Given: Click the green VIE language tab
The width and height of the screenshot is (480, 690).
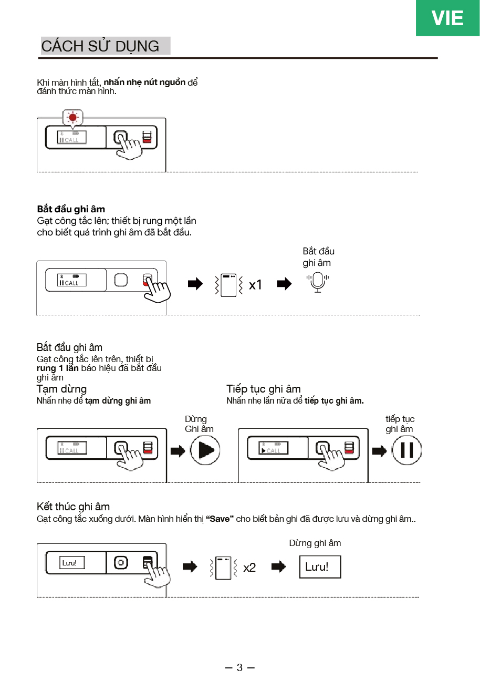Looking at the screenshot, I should [x=447, y=18].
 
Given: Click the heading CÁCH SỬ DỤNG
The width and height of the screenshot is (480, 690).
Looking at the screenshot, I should [x=100, y=46].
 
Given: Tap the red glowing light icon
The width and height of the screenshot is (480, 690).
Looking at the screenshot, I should [x=72, y=117].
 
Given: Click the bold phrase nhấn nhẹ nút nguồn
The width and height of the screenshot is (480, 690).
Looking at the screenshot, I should [x=144, y=83].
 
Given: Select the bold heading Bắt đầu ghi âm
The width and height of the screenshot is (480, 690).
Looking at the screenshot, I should [x=71, y=209].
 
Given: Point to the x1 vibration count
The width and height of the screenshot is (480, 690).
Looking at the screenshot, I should [x=255, y=285].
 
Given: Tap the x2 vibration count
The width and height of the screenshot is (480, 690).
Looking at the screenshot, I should [x=249, y=568].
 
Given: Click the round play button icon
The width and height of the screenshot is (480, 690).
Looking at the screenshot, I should [x=205, y=451].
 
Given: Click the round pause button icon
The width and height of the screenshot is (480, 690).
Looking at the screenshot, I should [x=406, y=451].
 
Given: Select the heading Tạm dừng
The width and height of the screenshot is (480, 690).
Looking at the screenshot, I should [x=61, y=389].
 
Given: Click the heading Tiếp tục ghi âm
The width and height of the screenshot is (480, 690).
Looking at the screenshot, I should [x=264, y=389].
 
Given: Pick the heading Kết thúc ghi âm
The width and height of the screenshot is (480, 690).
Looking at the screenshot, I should [x=73, y=507].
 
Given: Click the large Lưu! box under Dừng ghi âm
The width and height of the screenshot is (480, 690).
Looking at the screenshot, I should [x=320, y=567].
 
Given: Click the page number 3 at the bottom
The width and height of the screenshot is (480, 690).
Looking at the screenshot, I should [x=239, y=667].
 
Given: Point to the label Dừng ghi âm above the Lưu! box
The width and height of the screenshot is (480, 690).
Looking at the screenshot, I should [x=315, y=543].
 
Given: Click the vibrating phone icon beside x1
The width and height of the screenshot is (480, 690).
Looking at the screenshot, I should [x=228, y=285].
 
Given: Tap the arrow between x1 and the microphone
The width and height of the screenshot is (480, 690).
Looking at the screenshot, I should [x=284, y=284].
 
